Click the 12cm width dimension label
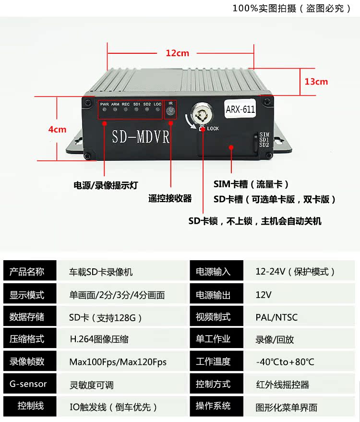[x=178, y=53]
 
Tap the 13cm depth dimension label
[x=316, y=81]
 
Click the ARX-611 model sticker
[x=240, y=109]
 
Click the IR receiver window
[x=170, y=111]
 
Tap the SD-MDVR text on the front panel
[x=141, y=136]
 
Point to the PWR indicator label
[x=105, y=104]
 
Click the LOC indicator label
[x=157, y=104]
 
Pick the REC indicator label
[x=126, y=104]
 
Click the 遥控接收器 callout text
[x=170, y=198]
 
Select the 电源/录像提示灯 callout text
[x=106, y=185]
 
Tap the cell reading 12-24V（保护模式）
[x=295, y=272]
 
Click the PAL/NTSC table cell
[x=276, y=317]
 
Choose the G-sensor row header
[x=28, y=384]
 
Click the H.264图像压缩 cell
[x=99, y=339]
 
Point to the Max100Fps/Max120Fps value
[x=118, y=362]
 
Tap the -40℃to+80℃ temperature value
[x=285, y=362]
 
